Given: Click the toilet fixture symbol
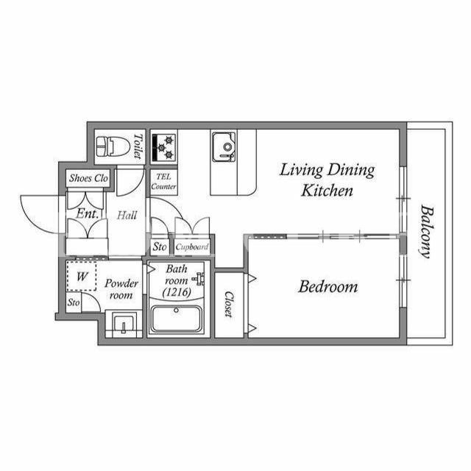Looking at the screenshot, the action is click(x=113, y=146).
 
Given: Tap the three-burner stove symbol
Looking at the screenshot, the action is click(x=163, y=147).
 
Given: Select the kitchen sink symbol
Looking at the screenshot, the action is click(x=224, y=147).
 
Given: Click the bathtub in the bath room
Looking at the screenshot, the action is click(x=176, y=319).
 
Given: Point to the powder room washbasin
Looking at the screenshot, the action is click(x=124, y=325).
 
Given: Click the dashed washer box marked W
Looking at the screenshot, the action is click(x=82, y=276).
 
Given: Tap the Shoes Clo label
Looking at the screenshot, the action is click(x=88, y=178).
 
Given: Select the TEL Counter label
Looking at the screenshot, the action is click(x=163, y=182).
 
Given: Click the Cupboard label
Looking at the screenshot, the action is click(x=191, y=247).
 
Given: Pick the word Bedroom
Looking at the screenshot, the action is click(x=328, y=286).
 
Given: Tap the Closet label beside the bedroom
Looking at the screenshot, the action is click(x=229, y=304).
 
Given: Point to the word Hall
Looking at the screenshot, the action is click(x=127, y=215).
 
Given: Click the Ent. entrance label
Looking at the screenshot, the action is click(x=87, y=214).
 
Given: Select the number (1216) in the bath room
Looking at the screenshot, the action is click(x=177, y=292).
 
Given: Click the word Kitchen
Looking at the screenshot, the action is click(x=327, y=191).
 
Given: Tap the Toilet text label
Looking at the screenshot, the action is click(x=138, y=146).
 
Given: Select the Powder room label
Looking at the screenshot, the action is click(x=121, y=289).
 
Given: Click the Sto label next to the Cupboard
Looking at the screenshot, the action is click(x=160, y=247).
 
